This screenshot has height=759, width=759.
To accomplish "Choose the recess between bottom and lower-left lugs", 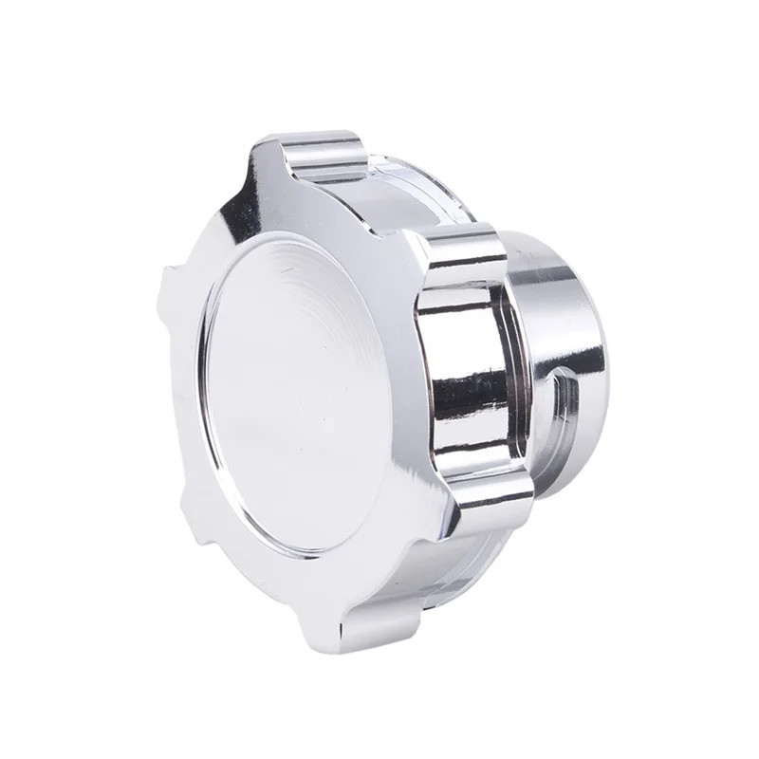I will [x=247, y=579].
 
